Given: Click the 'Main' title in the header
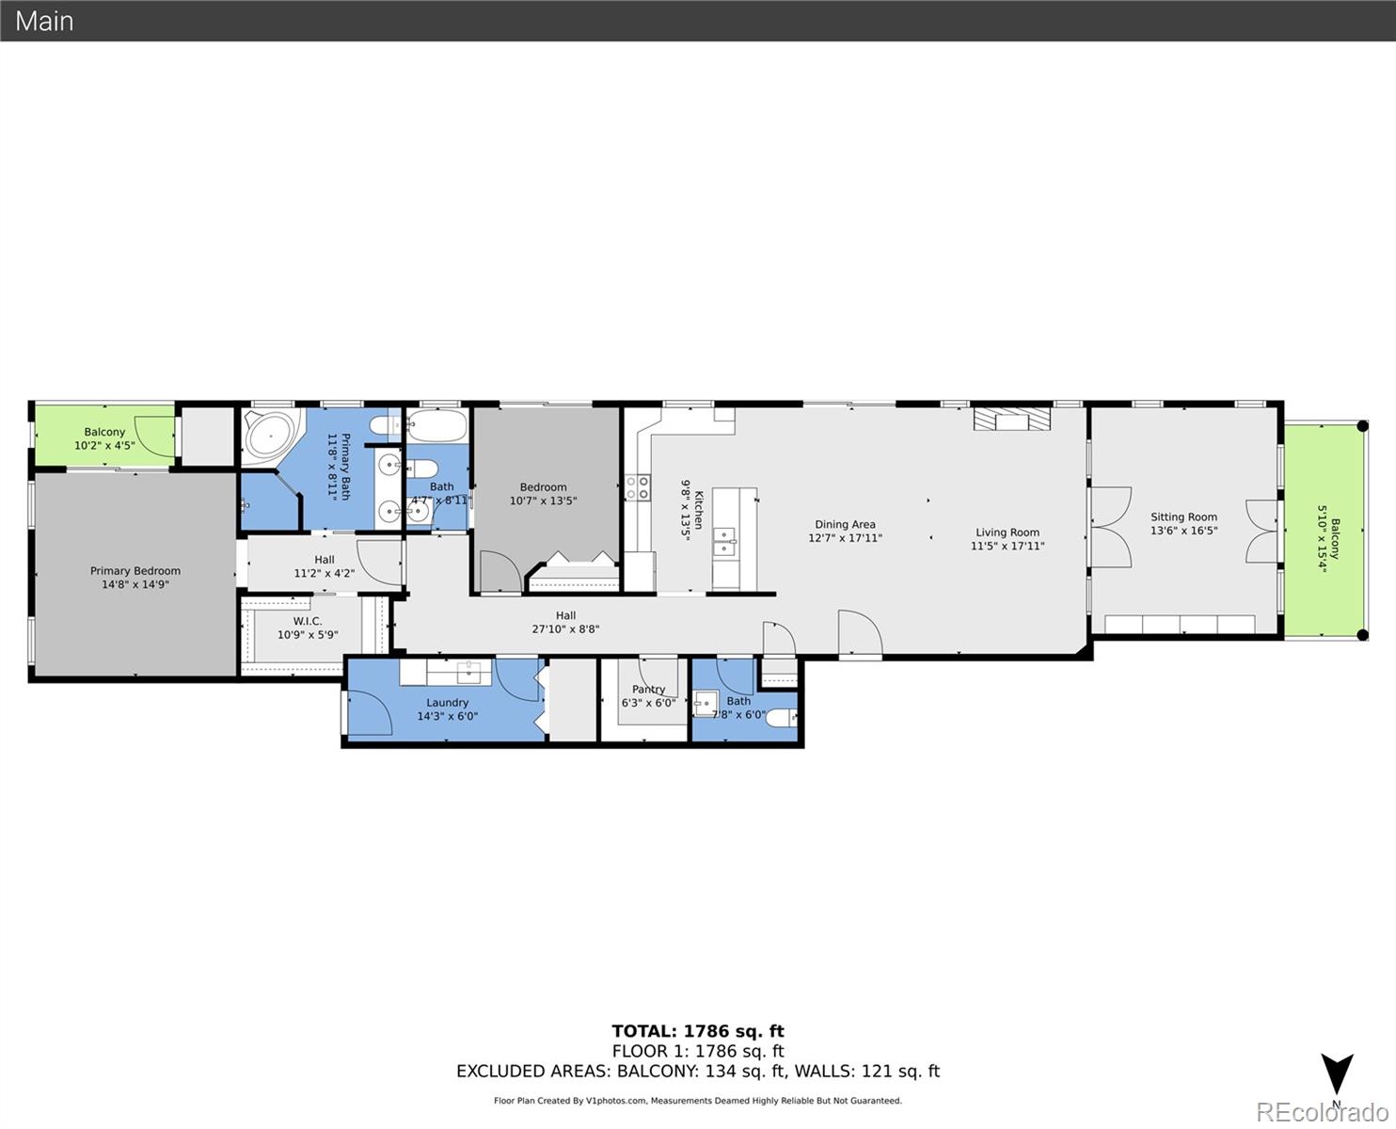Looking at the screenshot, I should pyautogui.click(x=44, y=21).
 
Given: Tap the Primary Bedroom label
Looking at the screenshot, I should pyautogui.click(x=135, y=578).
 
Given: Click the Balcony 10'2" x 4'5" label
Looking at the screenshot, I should pyautogui.click(x=104, y=438).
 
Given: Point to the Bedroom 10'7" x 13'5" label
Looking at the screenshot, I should pyautogui.click(x=543, y=494).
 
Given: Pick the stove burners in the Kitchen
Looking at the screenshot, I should pyautogui.click(x=638, y=487).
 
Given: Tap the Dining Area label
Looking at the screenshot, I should pyautogui.click(x=845, y=532).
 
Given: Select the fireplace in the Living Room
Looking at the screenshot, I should pyautogui.click(x=1011, y=419).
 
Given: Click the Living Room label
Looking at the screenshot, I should pyautogui.click(x=1007, y=539).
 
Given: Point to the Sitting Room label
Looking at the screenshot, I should pyautogui.click(x=1183, y=524).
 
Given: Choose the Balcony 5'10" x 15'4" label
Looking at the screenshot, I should pyautogui.click(x=1327, y=539).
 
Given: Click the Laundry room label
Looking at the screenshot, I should pyautogui.click(x=447, y=709).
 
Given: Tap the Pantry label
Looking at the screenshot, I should pyautogui.click(x=648, y=696).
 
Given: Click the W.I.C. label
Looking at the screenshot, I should pyautogui.click(x=308, y=628).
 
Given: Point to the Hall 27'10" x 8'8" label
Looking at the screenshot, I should pyautogui.click(x=565, y=623).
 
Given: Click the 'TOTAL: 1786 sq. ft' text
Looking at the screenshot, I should pyautogui.click(x=697, y=1031).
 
